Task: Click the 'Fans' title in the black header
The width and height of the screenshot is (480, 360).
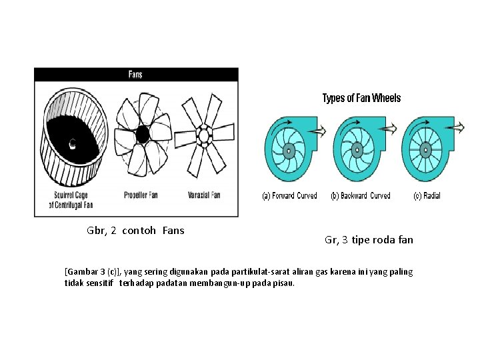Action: coord(135,75)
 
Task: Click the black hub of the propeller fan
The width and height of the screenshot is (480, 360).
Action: coord(143,135)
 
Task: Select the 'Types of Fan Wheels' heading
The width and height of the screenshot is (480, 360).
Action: coord(361,99)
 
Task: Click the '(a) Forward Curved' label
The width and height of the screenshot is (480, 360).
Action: coord(289,196)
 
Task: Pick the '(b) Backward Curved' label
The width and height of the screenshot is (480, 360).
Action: coord(360,196)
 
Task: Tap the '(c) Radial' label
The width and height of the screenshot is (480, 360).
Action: coord(427,196)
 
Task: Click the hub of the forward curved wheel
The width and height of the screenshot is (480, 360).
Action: coord(289,151)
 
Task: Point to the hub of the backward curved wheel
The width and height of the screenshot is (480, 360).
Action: coord(357,151)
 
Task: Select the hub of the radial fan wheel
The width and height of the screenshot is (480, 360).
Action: coord(425,151)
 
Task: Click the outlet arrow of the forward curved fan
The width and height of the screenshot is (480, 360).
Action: coord(319,131)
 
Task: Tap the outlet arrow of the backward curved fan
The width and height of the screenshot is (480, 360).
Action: coord(387,131)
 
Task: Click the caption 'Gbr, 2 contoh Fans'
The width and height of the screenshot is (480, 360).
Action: coord(135,231)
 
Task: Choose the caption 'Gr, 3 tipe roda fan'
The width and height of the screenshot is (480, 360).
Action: coord(369,240)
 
